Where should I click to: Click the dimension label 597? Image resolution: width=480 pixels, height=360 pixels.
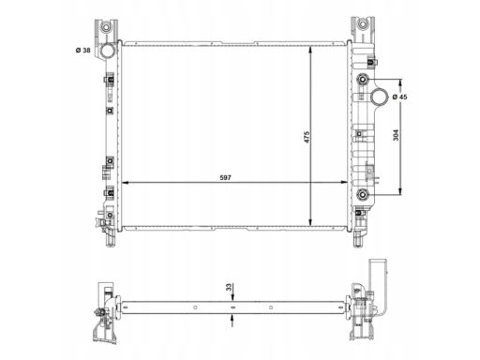tap(225, 177)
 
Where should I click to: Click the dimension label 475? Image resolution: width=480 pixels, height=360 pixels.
tap(307, 137)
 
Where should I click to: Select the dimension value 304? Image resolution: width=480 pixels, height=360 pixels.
tap(396, 135)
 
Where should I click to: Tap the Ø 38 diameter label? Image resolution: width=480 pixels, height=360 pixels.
tap(82, 50)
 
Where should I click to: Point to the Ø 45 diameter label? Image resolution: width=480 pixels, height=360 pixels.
tap(399, 97)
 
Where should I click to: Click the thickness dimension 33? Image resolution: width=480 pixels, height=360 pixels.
tap(229, 287)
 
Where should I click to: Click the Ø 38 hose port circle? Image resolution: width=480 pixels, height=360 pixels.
tap(107, 50)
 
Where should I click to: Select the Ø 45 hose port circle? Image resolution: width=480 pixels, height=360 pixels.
tap(380, 97)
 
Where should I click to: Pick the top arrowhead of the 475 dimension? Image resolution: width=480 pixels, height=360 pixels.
tap(310, 50)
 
